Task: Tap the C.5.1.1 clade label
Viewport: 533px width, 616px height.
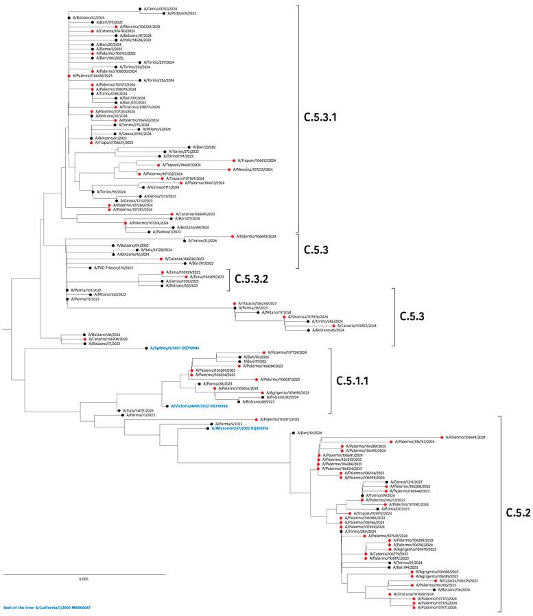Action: (x=362, y=379)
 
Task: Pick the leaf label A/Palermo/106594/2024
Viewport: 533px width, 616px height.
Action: (x=467, y=437)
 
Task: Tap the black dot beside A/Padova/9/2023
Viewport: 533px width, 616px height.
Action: (x=163, y=14)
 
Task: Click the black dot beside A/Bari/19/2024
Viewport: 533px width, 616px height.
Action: (x=293, y=433)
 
